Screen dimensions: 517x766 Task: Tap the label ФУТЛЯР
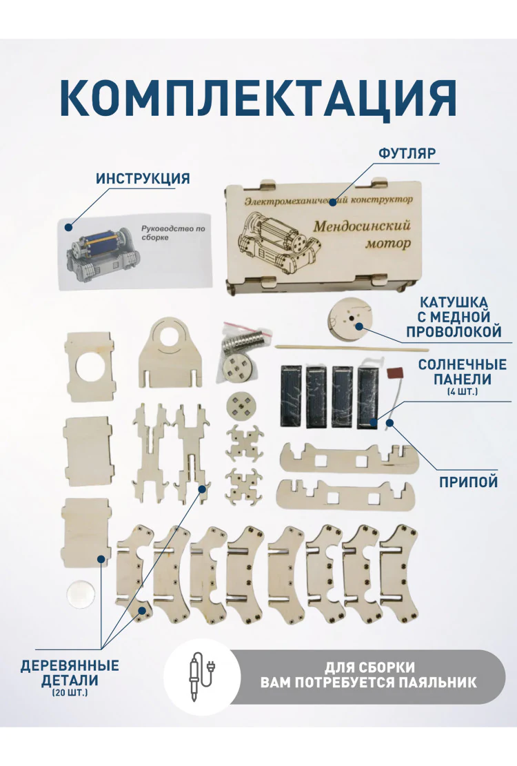[x=407, y=153]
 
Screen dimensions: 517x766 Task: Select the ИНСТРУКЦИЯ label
[x=143, y=179]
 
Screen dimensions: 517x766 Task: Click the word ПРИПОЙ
[x=468, y=482]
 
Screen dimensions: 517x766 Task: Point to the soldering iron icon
[x=202, y=676]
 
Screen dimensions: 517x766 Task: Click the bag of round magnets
[x=244, y=339]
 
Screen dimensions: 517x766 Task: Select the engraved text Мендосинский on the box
[x=362, y=226]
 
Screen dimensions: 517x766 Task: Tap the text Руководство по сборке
[x=173, y=233]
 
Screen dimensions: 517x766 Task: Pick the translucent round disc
[x=83, y=593]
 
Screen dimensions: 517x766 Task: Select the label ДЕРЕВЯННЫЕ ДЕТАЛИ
[x=70, y=673]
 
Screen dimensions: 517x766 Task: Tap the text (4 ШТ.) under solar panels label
[x=462, y=392]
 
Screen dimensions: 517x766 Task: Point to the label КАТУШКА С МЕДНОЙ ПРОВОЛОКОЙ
[x=454, y=317]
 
